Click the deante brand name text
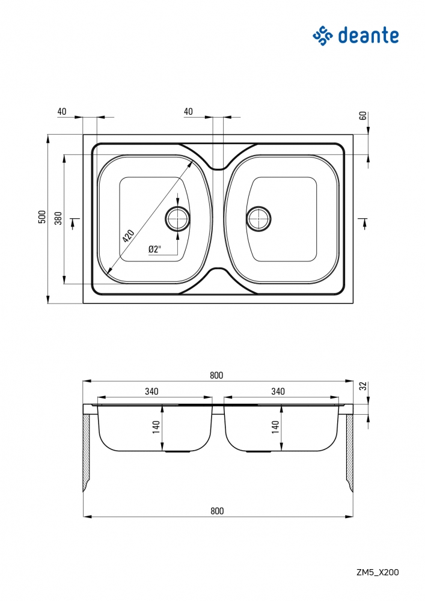tap(368, 35)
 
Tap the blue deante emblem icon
tap(322, 36)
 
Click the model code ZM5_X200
tap(378, 572)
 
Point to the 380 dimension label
tap(58, 218)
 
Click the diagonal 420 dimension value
tap(129, 236)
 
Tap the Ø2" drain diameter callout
tap(154, 249)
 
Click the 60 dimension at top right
tap(362, 116)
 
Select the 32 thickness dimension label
tap(362, 386)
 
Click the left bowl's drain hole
tap(177, 219)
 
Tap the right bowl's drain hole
tap(258, 219)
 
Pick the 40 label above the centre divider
tap(188, 112)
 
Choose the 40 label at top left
tap(62, 112)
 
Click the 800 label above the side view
tap(216, 376)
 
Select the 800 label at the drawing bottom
tap(217, 511)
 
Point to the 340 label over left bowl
tap(151, 391)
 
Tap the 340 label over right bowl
tap(278, 391)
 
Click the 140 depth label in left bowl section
tap(156, 427)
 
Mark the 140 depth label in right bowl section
tap(275, 427)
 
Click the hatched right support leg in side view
tap(349, 453)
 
